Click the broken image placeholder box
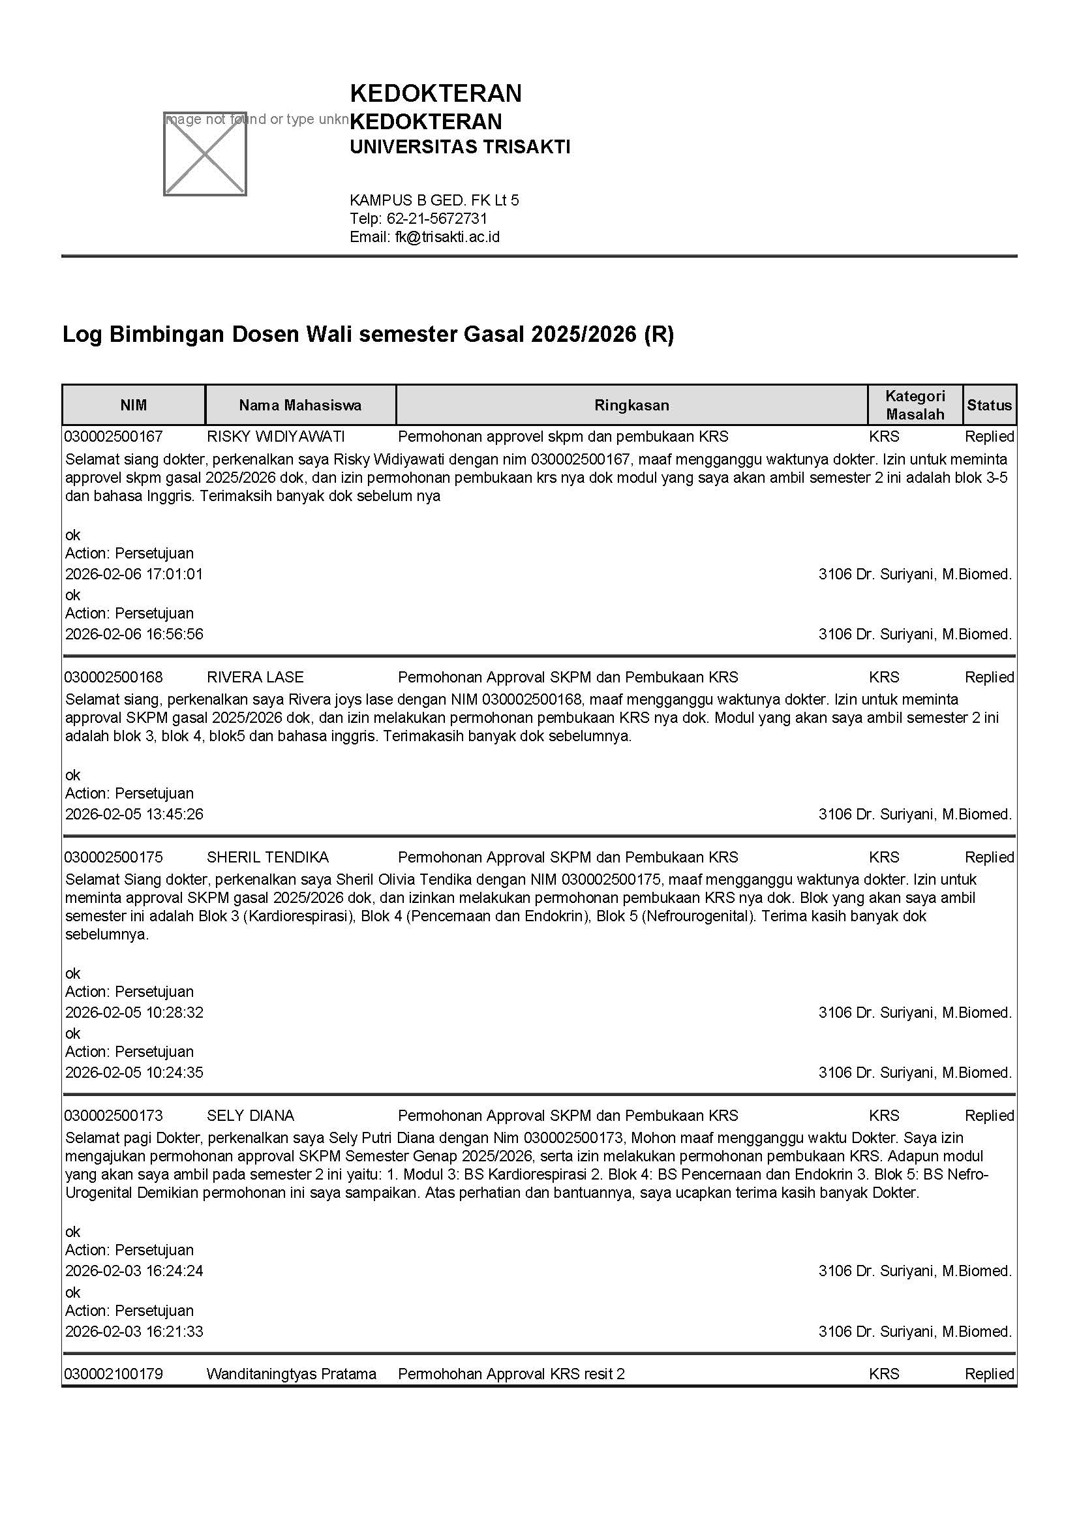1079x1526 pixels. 205,153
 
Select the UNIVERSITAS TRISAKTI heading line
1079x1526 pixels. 460,147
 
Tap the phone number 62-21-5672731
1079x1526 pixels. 436,219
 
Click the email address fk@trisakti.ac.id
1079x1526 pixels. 447,237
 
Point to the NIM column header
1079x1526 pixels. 134,405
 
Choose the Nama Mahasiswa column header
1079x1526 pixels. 300,405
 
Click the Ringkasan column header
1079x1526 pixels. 631,405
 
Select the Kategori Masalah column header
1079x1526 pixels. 915,404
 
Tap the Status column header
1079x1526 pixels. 988,405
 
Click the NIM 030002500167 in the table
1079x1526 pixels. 114,436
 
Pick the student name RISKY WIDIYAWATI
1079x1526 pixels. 276,436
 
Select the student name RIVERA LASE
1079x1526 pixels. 255,677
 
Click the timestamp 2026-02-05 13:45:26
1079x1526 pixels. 134,814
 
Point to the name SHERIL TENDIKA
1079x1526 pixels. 267,857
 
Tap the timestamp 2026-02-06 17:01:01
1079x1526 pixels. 134,574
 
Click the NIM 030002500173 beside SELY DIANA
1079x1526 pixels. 114,1115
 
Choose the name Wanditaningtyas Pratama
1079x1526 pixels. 291,1374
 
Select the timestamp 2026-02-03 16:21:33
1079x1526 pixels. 134,1332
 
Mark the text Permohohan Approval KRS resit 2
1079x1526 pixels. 511,1374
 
